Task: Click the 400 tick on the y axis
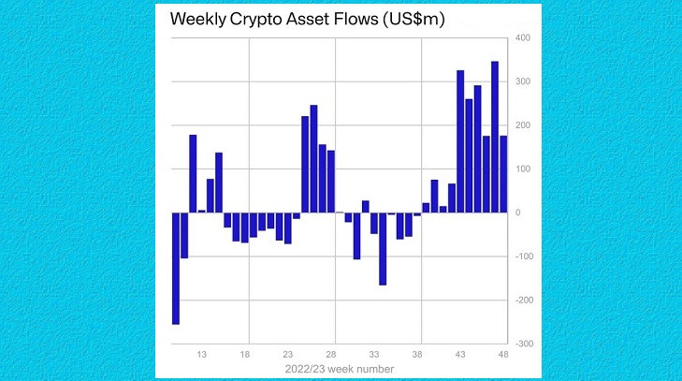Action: (x=522, y=38)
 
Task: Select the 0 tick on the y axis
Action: (x=517, y=212)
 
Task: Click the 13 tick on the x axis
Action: (x=201, y=356)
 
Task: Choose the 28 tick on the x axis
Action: (x=331, y=356)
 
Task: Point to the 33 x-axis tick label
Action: (x=374, y=356)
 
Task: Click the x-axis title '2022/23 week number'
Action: (x=340, y=370)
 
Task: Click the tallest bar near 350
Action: (x=495, y=137)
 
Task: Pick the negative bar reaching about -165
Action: (x=383, y=248)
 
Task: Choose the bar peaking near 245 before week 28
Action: (x=313, y=159)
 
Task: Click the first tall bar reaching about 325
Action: (x=460, y=141)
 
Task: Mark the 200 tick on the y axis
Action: (x=522, y=125)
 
